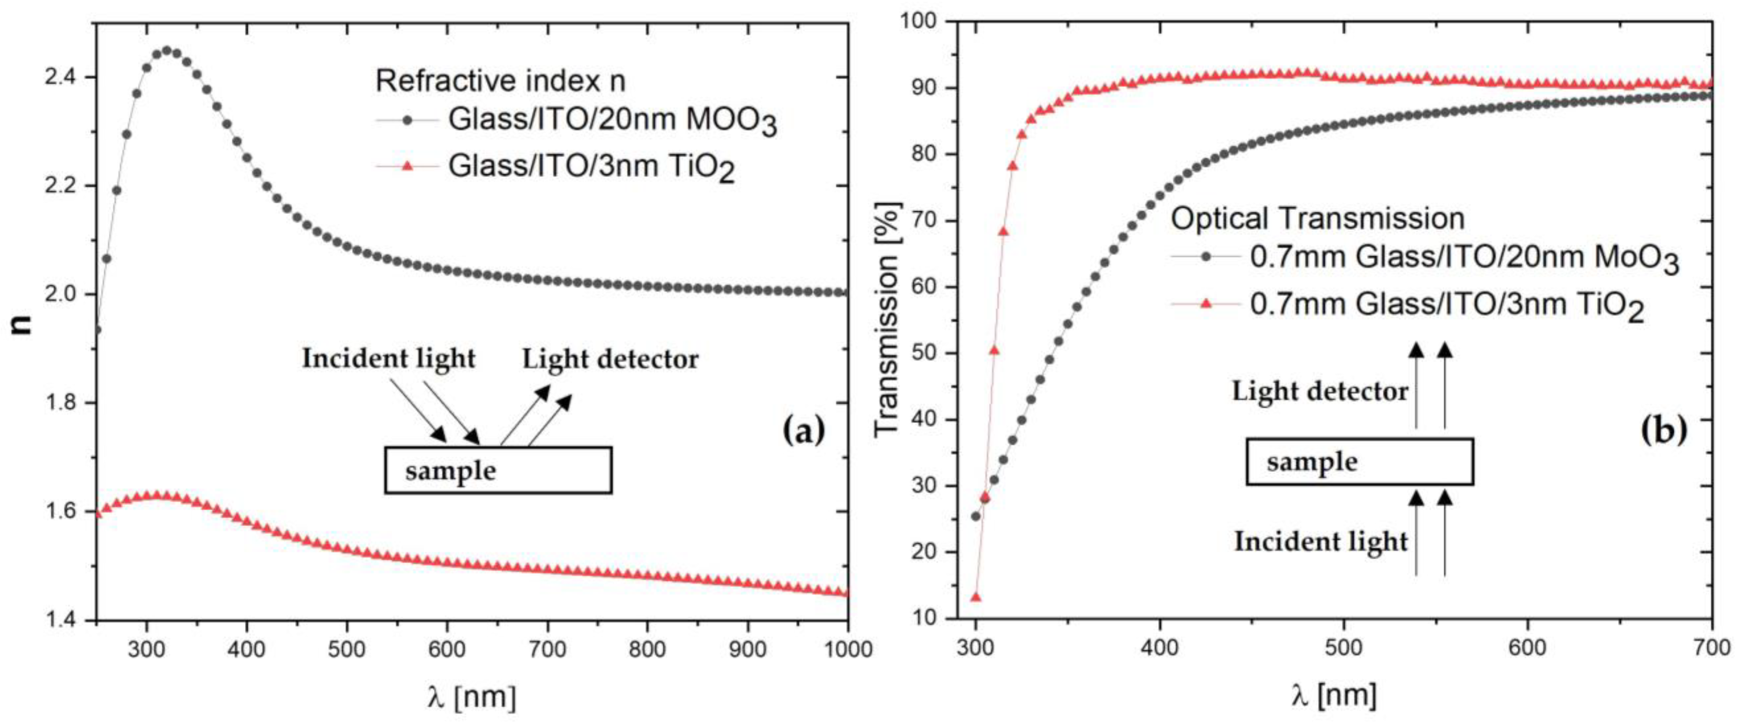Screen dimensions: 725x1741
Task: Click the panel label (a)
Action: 804,431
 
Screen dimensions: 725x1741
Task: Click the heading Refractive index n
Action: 500,81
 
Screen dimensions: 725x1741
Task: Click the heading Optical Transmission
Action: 1318,218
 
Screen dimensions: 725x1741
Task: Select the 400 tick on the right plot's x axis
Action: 1159,647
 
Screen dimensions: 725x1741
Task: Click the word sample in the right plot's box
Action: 1312,462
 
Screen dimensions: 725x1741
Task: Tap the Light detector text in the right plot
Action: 1320,391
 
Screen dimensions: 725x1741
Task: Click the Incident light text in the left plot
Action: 388,359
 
